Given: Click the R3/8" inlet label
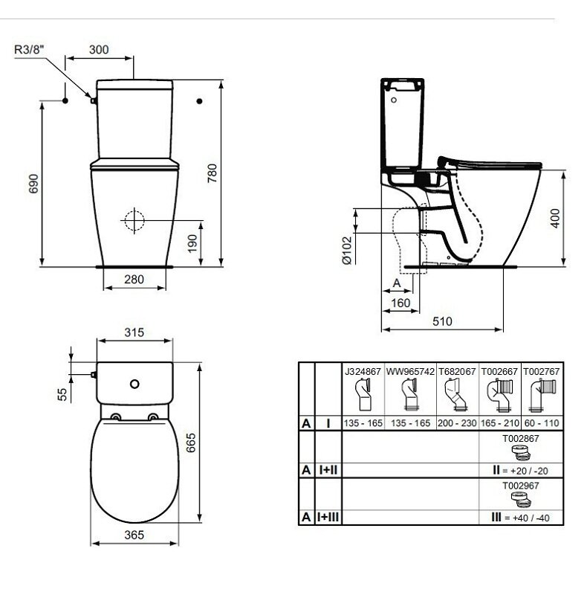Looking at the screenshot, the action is point(29,49).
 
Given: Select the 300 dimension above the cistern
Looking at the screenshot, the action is point(99,50).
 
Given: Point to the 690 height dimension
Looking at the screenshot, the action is point(33,184).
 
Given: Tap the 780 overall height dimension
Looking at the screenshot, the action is point(213,173).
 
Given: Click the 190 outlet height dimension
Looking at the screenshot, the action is point(192,243).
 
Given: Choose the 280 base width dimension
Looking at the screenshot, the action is point(134,280).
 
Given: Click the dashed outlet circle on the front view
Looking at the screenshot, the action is point(134,220).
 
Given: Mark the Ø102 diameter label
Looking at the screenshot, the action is point(346,251).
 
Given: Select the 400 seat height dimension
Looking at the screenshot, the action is point(555,218).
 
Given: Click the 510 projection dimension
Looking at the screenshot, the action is point(442,321).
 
